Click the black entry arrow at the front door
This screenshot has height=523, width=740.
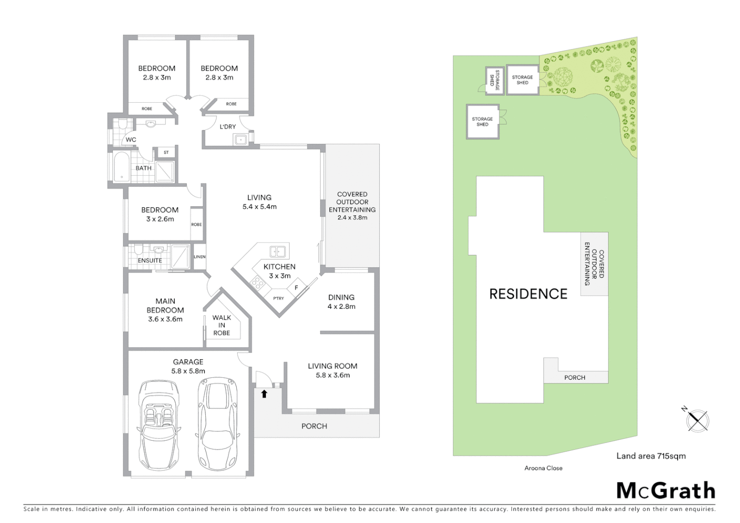264,394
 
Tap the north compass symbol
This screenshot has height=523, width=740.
697,419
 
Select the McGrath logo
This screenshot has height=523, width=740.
665,491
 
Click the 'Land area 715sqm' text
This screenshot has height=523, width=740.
650,456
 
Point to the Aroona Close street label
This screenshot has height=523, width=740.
543,468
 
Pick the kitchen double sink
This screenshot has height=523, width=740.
277,252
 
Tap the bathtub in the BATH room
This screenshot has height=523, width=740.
121,167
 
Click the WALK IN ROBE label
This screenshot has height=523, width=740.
221,325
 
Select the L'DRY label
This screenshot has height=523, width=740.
228,127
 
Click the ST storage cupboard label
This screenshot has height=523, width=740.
166,153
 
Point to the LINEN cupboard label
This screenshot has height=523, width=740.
200,257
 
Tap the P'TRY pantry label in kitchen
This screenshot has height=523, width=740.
278,298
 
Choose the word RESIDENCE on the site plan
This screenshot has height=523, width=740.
528,294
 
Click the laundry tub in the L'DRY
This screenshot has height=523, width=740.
241,140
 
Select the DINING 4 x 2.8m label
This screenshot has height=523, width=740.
341,302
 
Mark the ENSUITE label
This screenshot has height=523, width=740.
150,261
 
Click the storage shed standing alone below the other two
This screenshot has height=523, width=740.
483,122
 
